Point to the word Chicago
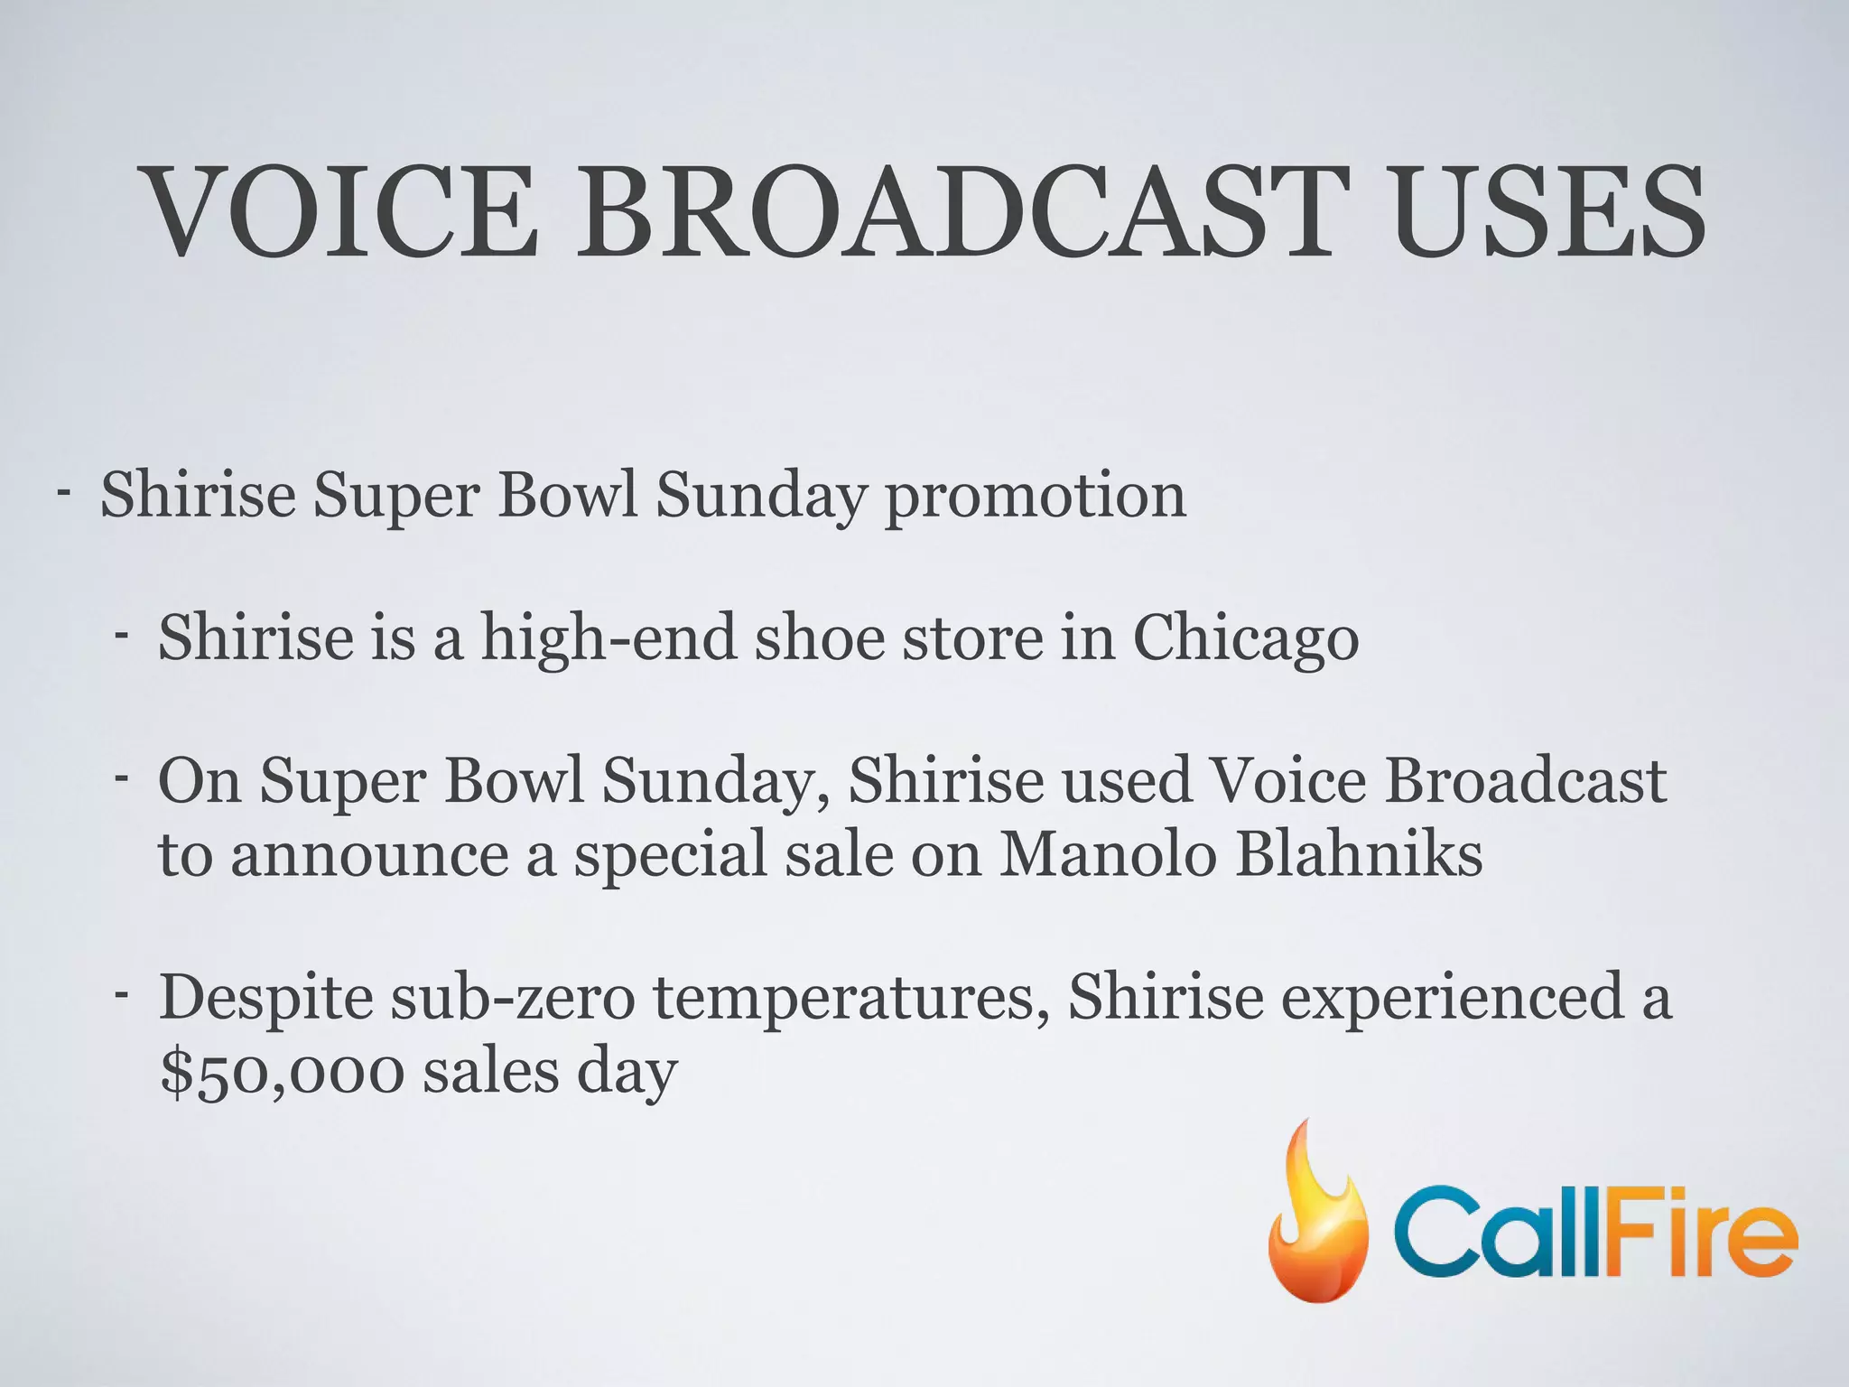click(1245, 639)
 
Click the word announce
click(369, 854)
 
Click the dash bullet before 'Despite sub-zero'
click(121, 994)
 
